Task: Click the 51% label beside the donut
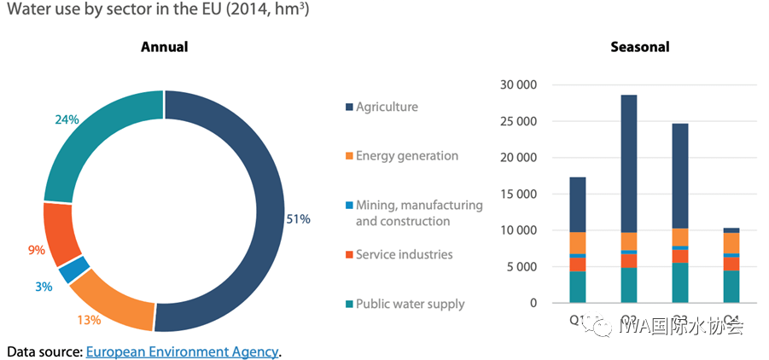click(x=298, y=219)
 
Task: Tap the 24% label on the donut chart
click(x=67, y=120)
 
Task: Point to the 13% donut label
click(x=90, y=320)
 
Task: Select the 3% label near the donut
click(x=44, y=287)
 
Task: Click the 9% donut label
click(x=36, y=251)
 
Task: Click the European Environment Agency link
click(x=182, y=351)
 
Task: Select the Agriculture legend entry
click(x=387, y=107)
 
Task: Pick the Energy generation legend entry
click(x=406, y=156)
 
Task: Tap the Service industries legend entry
click(x=404, y=254)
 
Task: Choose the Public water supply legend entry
click(x=410, y=304)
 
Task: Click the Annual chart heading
click(x=164, y=47)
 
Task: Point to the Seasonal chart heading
click(x=639, y=47)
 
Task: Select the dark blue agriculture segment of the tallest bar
click(x=629, y=162)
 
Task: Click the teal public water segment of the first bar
click(x=578, y=287)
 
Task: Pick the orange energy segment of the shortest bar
click(x=731, y=243)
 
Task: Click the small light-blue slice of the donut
click(x=73, y=269)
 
